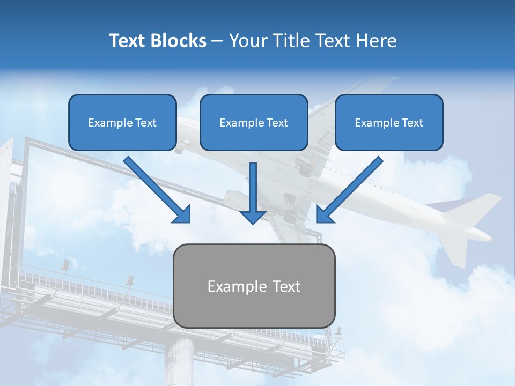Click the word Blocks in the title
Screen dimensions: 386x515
tap(180, 41)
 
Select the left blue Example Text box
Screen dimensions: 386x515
tap(122, 122)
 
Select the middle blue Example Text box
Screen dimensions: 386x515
tap(254, 122)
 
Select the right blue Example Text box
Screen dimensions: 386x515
tap(389, 122)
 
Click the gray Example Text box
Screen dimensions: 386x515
tap(254, 286)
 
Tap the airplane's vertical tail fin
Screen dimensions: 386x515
tap(472, 209)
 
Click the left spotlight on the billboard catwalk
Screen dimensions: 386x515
tap(65, 265)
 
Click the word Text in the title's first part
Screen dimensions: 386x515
tap(127, 41)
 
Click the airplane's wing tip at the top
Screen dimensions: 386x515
tap(388, 80)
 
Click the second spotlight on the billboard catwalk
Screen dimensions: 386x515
tap(129, 280)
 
